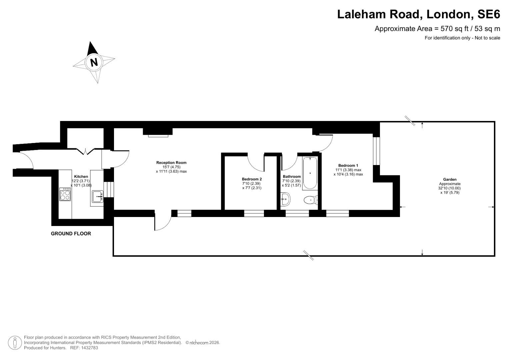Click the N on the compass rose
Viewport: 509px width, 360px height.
click(94, 62)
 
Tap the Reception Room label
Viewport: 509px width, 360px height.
click(171, 163)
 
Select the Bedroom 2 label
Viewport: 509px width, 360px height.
click(252, 179)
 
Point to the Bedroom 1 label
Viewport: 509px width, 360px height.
click(348, 166)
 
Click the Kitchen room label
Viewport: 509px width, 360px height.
click(81, 177)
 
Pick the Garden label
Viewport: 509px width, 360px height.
click(450, 180)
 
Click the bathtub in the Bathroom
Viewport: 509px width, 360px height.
click(310, 173)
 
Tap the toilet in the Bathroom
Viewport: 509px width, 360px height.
click(310, 200)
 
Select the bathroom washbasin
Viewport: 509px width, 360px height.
click(285, 200)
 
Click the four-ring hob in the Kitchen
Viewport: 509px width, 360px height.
click(65, 194)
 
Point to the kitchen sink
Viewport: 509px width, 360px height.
click(97, 197)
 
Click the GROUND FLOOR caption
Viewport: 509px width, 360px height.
click(71, 234)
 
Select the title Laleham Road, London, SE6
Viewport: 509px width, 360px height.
click(418, 14)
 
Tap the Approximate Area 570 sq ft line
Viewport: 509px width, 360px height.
click(437, 29)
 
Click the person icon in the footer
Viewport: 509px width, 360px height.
click(15, 343)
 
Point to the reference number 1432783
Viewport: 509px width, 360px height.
click(88, 348)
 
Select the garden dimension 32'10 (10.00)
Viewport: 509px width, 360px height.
click(450, 188)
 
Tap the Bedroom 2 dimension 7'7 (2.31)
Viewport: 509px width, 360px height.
click(252, 188)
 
